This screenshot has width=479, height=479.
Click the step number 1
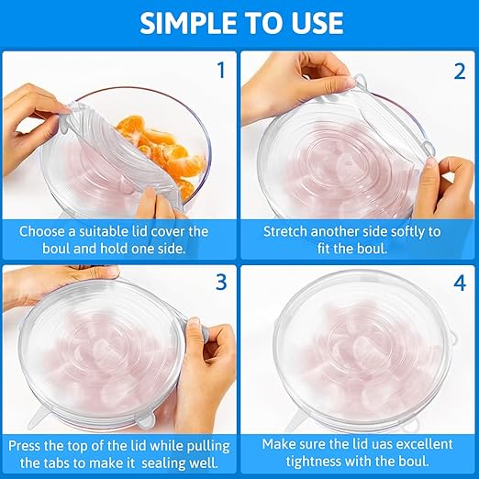tap(221, 70)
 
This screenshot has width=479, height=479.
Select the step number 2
tap(460, 72)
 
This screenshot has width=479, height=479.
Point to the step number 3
tap(221, 282)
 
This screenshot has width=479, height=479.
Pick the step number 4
tap(460, 284)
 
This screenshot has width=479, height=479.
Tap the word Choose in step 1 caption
tap(42, 231)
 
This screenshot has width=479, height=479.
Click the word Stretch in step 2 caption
tap(284, 231)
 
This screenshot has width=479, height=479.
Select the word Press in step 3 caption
tap(24, 446)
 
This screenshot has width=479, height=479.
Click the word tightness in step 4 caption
tap(317, 462)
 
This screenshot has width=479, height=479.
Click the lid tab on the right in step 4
tap(452, 338)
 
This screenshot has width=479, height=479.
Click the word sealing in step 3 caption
tap(162, 463)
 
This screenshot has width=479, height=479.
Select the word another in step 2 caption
tap(331, 231)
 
